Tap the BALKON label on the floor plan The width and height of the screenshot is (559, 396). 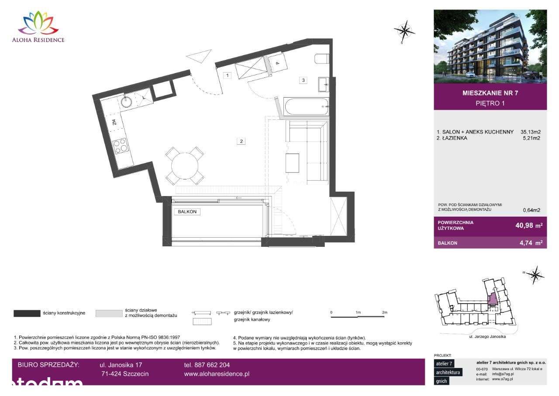tap(187, 212)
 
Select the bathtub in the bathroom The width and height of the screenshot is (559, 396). tap(306, 106)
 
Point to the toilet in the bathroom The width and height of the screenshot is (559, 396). tap(321, 58)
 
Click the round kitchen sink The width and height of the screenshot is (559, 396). tap(127, 102)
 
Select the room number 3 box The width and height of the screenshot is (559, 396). tap(303, 80)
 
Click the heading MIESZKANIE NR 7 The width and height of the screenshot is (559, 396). tap(490, 93)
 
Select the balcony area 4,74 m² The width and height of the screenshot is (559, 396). tap(530, 243)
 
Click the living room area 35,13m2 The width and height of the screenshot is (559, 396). tap(530, 132)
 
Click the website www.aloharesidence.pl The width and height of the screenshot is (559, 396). tap(217, 374)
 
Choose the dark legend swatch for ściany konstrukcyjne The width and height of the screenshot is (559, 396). tap(27, 313)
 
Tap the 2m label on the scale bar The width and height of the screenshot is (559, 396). tap(384, 312)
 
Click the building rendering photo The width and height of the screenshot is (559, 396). tap(490, 46)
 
